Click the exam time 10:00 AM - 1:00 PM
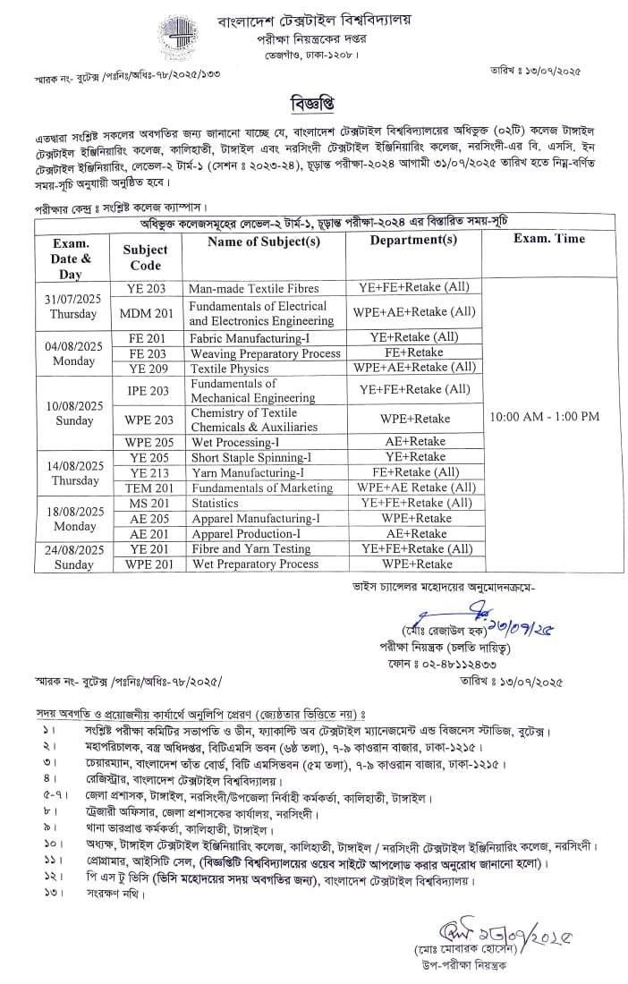coord(544,416)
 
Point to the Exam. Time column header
coord(549,239)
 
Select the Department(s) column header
coord(413,241)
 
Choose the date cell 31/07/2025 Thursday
coord(73,306)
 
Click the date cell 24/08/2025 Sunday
coord(73,556)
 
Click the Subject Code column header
coord(146,257)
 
